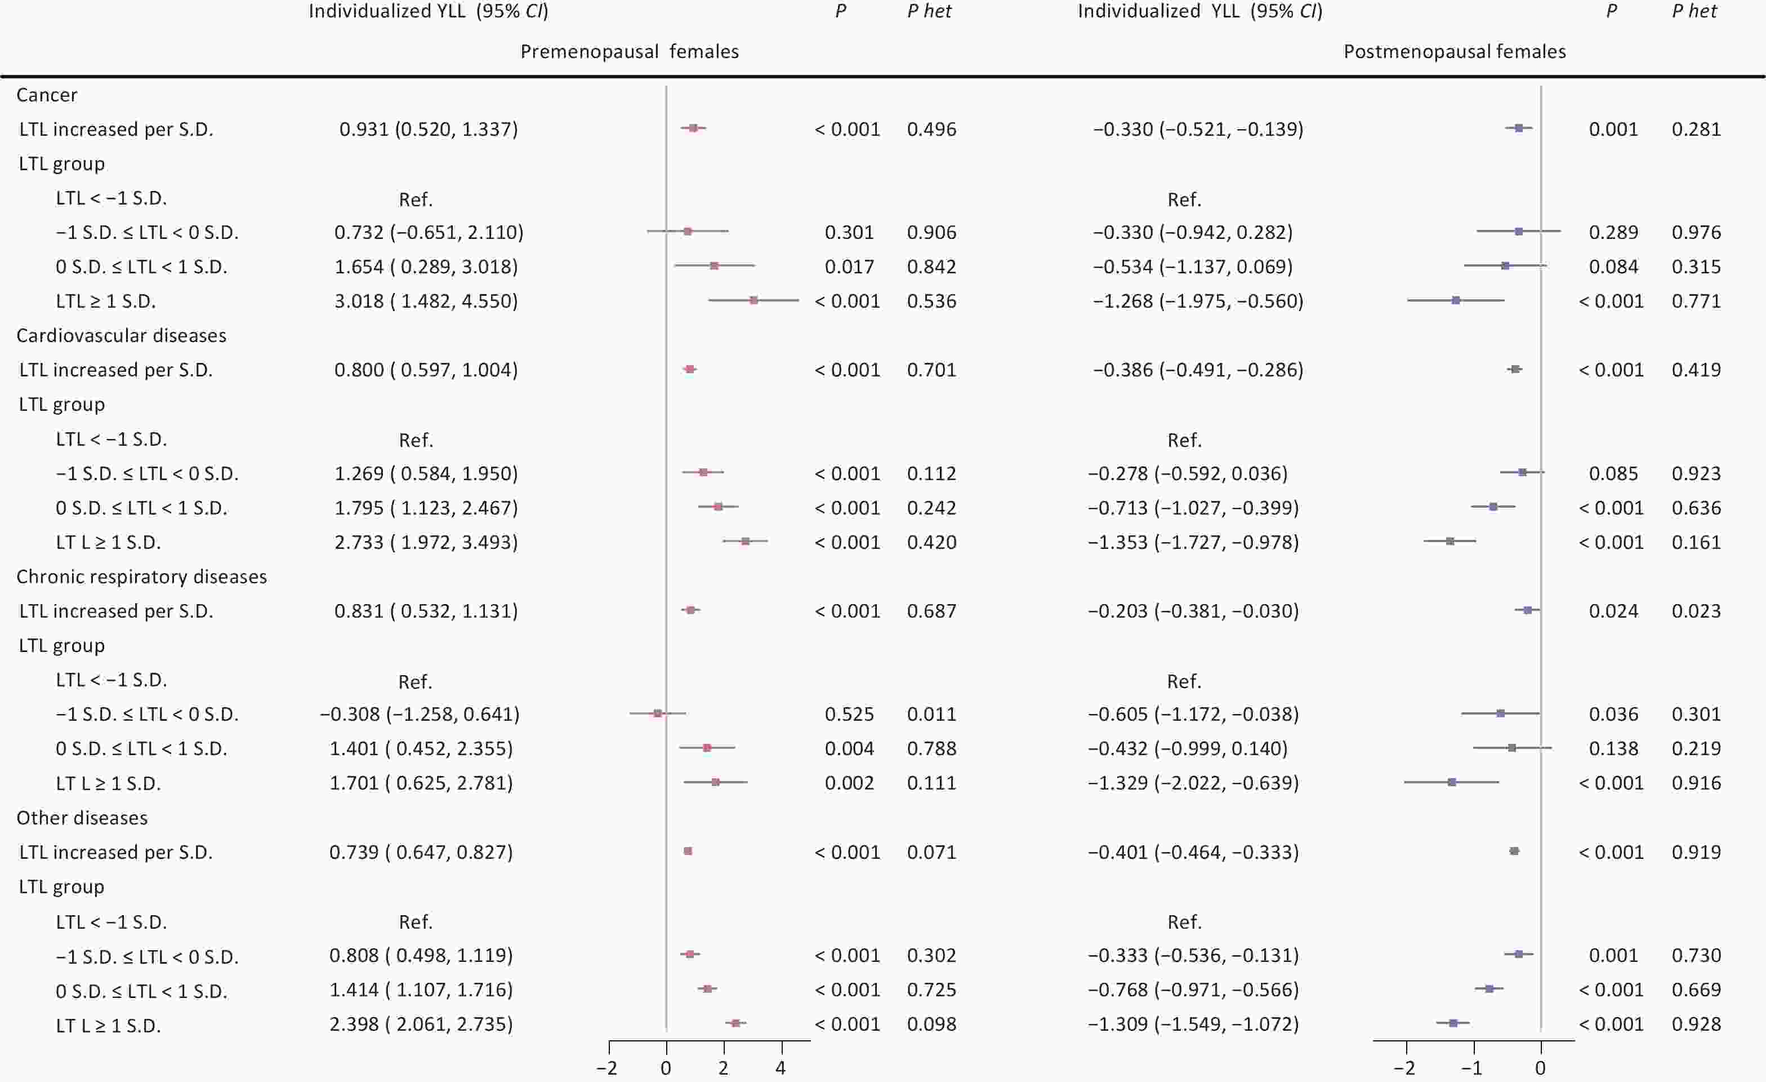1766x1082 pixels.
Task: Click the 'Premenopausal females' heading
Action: point(629,52)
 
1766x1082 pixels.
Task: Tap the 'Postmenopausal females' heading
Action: point(1454,52)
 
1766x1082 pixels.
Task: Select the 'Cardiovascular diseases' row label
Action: point(121,335)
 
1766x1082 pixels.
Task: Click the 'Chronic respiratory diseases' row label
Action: point(141,577)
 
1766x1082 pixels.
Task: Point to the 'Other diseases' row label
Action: point(82,817)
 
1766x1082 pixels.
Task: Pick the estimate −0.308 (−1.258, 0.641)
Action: point(420,714)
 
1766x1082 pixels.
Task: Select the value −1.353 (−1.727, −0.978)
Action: point(1193,542)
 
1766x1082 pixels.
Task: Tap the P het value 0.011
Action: point(931,714)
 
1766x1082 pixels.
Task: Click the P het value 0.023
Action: point(1696,611)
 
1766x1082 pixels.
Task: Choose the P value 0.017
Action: point(849,267)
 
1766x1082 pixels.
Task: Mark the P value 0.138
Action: point(1613,748)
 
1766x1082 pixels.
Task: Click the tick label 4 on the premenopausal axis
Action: point(781,1068)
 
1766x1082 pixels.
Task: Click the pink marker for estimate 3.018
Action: point(753,300)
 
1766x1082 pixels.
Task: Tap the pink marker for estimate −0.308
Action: point(657,713)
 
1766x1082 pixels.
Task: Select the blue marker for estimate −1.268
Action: point(1456,300)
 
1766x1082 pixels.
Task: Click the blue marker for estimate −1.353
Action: point(1450,542)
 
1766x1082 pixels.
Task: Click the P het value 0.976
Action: point(1696,232)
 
